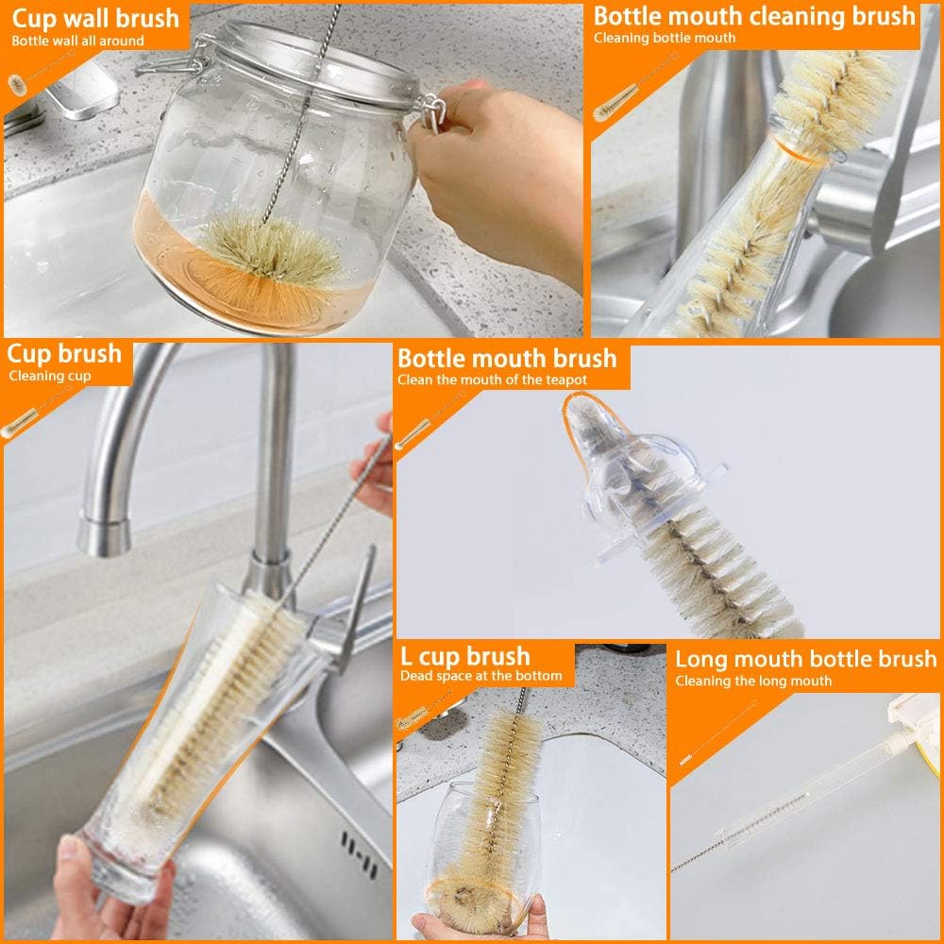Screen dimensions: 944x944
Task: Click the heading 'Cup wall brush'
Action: point(94,18)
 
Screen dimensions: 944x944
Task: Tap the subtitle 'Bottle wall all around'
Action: point(77,41)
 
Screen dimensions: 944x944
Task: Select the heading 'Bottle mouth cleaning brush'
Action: point(754,16)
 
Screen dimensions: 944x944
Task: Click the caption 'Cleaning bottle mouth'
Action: point(664,38)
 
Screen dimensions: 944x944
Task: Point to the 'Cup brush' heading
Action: point(65,354)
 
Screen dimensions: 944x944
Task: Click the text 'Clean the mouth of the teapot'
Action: point(492,379)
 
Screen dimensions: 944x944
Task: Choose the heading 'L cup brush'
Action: point(465,656)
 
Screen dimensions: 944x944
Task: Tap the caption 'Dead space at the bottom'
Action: point(480,676)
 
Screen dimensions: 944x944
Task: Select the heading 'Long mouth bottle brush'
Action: point(805,659)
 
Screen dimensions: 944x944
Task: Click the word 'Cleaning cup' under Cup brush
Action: point(50,376)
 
